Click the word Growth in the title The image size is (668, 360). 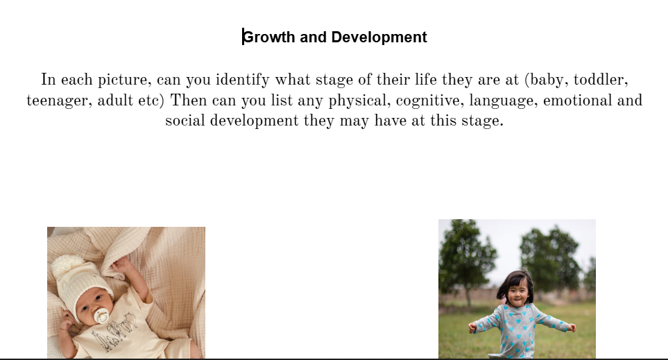[269, 37]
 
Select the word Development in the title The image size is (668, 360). [379, 37]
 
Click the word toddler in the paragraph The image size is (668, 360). [601, 80]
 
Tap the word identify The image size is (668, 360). [242, 80]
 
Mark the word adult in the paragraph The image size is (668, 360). [115, 101]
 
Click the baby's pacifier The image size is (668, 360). [102, 316]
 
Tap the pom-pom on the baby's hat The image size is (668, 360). [67, 266]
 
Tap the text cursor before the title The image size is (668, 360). [243, 37]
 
